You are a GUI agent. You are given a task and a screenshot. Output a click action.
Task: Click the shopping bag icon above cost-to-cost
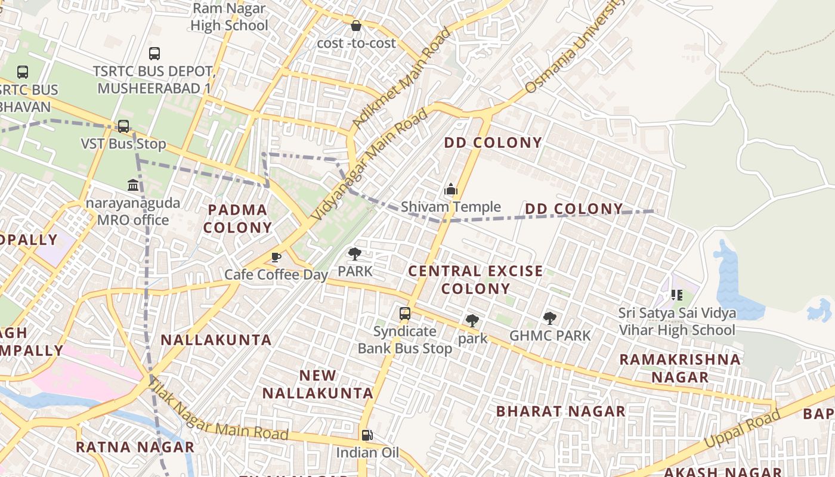[356, 26]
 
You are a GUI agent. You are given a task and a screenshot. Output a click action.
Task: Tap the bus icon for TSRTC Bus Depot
[154, 54]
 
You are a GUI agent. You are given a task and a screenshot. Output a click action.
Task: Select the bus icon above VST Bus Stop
[123, 126]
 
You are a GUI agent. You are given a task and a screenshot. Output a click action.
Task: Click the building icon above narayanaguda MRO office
[133, 185]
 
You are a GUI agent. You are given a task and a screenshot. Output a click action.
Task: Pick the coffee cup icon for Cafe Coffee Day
[276, 257]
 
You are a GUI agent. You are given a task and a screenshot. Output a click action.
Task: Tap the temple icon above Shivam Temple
[451, 190]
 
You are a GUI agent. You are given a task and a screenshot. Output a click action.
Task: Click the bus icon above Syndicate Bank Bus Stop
[405, 313]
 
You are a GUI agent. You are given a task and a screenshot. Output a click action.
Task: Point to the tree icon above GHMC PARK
[549, 318]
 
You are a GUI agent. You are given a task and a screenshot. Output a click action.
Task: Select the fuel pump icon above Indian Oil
[367, 435]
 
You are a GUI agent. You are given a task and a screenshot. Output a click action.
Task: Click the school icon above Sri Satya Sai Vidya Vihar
[676, 295]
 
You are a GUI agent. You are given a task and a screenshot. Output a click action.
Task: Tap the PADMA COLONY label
[238, 218]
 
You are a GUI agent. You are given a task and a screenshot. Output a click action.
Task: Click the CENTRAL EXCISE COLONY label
[475, 280]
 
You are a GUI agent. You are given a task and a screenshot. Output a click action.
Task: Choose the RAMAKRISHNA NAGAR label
[680, 368]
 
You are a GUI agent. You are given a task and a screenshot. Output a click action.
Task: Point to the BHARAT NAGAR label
[561, 411]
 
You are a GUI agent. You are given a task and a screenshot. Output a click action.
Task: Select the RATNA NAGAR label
[135, 447]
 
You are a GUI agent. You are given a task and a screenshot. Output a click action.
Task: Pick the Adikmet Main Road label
[401, 78]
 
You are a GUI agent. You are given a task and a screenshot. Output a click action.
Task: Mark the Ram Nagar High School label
[230, 17]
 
